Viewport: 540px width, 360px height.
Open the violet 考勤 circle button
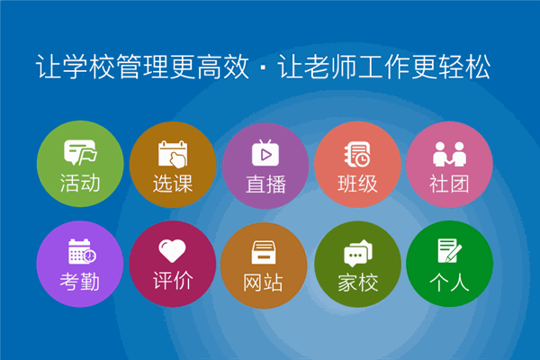[x=80, y=265]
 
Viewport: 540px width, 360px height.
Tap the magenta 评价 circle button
[x=172, y=265]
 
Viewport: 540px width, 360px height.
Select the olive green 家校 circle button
[x=357, y=265]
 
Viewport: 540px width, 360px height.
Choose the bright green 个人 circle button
[x=449, y=265]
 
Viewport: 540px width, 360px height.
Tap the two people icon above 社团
[x=449, y=154]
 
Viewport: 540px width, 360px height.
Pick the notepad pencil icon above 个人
[x=450, y=250]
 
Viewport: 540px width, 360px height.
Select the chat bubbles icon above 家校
[x=357, y=252]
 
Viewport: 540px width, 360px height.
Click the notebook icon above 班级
[x=357, y=154]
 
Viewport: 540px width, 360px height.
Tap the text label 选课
[x=172, y=184]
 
